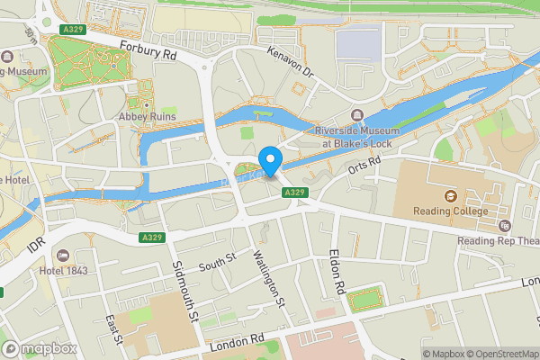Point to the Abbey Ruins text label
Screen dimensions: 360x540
146,117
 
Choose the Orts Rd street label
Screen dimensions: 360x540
365,166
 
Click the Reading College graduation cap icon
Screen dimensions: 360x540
448,196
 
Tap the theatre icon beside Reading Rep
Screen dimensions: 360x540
504,225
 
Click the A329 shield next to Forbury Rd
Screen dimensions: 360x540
74,30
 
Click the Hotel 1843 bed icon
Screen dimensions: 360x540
62,256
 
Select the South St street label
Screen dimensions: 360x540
216,262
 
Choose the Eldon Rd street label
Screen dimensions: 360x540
337,273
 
